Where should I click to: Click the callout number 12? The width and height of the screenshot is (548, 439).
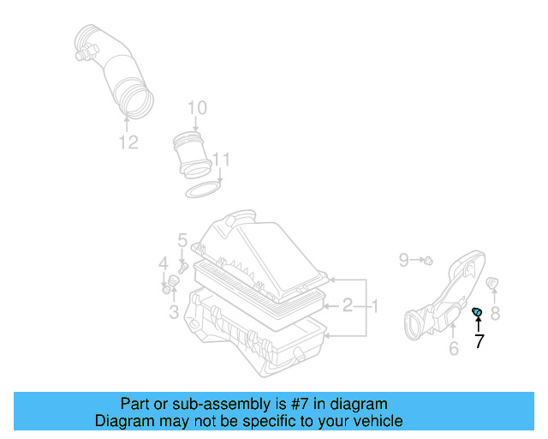coord(128,142)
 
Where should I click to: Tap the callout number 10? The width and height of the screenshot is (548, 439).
coord(197,107)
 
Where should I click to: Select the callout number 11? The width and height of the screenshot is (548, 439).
coord(222,159)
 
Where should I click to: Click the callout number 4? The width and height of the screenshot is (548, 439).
coord(163,263)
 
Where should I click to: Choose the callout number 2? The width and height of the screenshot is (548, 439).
coord(348,305)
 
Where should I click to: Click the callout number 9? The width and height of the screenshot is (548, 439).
coord(404,258)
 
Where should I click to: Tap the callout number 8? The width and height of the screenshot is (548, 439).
coord(494,314)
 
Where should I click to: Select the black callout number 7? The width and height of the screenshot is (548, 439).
coord(479,340)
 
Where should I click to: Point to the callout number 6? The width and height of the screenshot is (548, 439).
coord(454,347)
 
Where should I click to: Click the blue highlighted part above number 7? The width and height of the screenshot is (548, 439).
coord(478,310)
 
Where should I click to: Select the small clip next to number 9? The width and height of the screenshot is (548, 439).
coord(427,259)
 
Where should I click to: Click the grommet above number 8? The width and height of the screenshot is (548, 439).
coord(492,283)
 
